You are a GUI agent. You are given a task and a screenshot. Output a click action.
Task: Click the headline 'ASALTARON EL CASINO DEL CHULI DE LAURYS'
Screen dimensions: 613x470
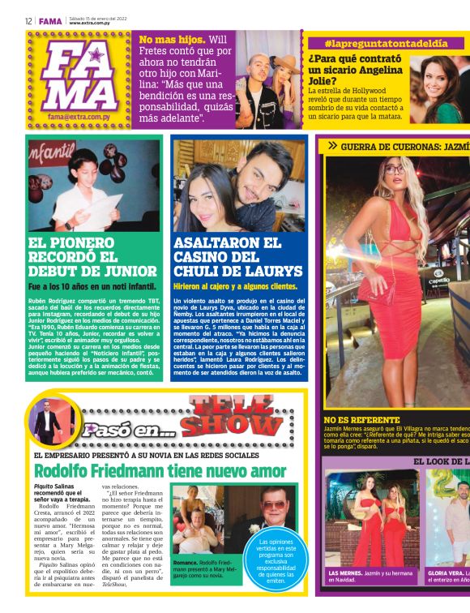pos(237,256)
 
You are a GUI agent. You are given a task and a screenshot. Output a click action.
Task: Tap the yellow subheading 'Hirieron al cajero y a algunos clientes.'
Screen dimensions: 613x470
pos(235,286)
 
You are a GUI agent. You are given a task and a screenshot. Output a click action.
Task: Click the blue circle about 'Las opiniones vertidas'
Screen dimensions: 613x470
pos(277,560)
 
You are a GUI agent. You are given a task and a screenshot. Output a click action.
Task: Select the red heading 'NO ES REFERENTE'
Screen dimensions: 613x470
pos(361,419)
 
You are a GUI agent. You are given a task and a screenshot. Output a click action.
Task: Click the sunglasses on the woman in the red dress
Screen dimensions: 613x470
pos(393,169)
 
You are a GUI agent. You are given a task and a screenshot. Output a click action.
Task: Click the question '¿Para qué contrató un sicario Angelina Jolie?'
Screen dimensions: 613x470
pos(357,70)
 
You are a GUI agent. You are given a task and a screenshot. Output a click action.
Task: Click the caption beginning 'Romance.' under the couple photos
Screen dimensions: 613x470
pos(203,567)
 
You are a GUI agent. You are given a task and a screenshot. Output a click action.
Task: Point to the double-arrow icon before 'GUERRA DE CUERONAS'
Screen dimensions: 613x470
pos(331,146)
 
